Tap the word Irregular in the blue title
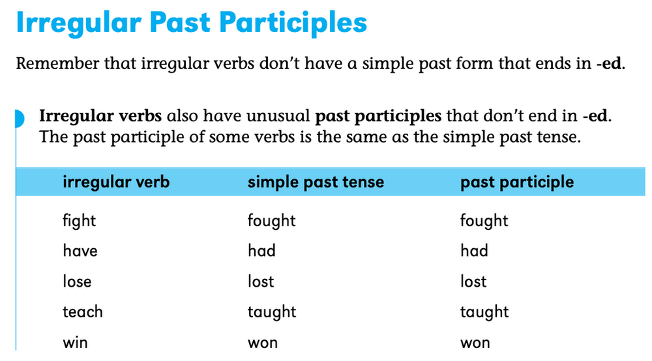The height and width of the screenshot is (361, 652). click(x=77, y=23)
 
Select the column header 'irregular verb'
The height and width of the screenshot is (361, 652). click(x=116, y=182)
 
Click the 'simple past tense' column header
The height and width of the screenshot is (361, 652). click(x=316, y=182)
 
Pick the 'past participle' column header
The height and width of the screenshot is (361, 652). click(x=517, y=182)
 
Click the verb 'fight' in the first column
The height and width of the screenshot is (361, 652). click(x=80, y=221)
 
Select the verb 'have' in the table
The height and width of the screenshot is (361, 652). click(x=80, y=251)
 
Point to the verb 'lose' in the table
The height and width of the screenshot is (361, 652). click(x=77, y=282)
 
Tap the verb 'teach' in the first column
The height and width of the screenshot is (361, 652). click(x=83, y=312)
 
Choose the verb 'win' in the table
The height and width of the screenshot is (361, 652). click(x=76, y=342)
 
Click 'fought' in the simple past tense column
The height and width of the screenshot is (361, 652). click(x=271, y=221)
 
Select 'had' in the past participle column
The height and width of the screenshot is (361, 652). click(x=474, y=251)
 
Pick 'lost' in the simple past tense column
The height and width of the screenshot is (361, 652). click(x=261, y=282)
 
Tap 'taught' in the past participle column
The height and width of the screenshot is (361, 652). click(x=484, y=312)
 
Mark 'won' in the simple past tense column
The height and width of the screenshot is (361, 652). click(x=262, y=342)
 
